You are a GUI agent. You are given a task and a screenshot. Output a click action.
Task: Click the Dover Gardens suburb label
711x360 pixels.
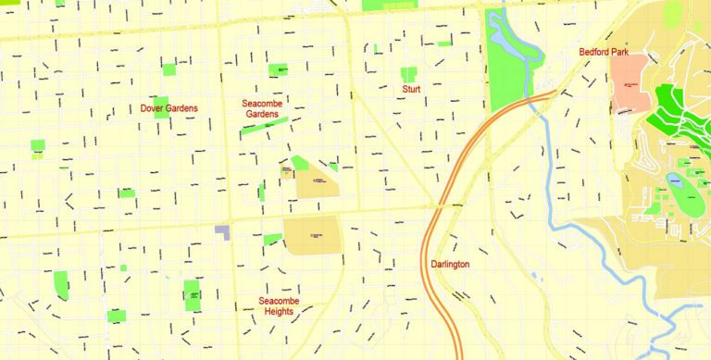(x=168, y=108)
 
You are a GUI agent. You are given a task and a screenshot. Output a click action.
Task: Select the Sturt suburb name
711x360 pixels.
(x=411, y=90)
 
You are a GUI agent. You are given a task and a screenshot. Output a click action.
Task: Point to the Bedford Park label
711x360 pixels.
(x=604, y=53)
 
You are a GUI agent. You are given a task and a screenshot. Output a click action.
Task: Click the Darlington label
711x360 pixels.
(x=450, y=265)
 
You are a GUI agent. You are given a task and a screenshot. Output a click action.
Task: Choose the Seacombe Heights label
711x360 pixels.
(x=277, y=306)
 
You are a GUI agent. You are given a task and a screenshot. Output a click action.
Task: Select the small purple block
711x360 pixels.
(x=222, y=231)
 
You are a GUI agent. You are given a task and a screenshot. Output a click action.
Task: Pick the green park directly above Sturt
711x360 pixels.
(x=408, y=73)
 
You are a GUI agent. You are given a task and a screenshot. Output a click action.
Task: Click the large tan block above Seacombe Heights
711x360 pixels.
(x=311, y=235)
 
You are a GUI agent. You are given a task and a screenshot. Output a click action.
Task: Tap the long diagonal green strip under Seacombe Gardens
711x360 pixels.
(x=263, y=125)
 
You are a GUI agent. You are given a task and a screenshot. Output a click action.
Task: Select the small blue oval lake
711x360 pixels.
(x=675, y=181)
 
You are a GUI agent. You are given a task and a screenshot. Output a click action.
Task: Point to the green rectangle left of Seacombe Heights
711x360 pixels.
(x=192, y=294)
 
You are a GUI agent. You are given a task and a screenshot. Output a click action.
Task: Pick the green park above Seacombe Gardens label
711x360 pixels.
(x=278, y=69)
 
